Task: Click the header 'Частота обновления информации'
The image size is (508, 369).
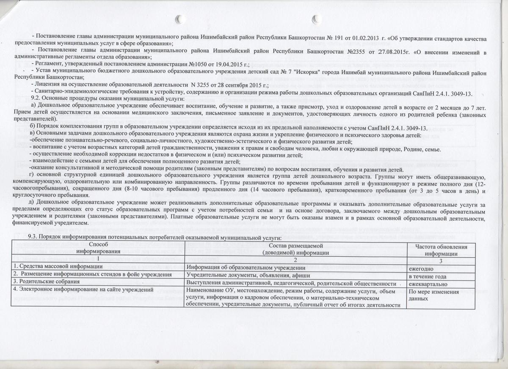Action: point(441,250)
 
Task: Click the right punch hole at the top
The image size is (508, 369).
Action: point(316,18)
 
